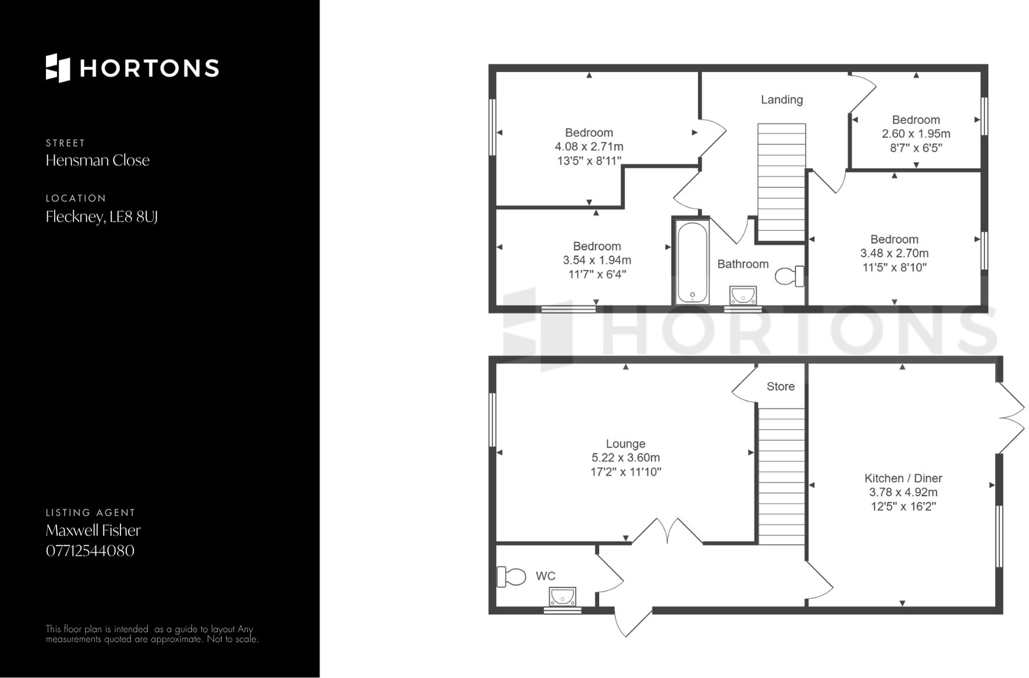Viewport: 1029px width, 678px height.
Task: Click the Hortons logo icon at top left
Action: [x=58, y=68]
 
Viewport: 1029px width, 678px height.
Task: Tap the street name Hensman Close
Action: [x=98, y=160]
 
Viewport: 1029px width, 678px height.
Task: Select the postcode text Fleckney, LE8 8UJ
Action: [x=102, y=217]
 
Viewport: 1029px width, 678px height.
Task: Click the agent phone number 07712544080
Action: [x=90, y=551]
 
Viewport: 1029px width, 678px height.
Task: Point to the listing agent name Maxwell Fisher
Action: [x=93, y=530]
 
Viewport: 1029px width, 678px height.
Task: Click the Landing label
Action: [x=782, y=100]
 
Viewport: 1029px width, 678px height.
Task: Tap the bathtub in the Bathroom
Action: [x=692, y=262]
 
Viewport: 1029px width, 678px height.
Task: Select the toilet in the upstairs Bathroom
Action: [x=789, y=276]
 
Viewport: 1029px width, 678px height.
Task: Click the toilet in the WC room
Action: [x=510, y=577]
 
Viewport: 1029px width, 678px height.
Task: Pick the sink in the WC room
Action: [x=562, y=597]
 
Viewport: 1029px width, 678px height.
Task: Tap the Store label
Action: [x=780, y=387]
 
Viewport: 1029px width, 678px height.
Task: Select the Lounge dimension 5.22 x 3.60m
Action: [x=626, y=458]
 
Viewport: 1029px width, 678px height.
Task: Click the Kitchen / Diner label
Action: [x=903, y=479]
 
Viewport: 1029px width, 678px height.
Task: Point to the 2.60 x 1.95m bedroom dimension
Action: [x=916, y=134]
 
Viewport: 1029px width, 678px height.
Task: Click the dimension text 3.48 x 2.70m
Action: [x=894, y=254]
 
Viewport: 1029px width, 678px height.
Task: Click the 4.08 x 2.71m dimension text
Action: [x=589, y=147]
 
